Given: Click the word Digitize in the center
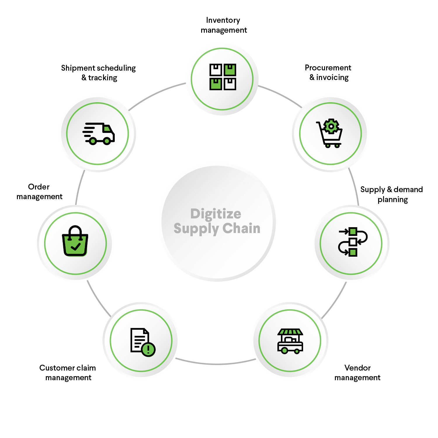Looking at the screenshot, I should (215, 214).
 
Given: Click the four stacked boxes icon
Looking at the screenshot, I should (223, 77).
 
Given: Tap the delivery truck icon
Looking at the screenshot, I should (98, 133).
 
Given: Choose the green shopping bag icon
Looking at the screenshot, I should (75, 241).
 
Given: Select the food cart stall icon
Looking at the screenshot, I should (290, 341).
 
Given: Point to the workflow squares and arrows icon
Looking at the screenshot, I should (352, 242).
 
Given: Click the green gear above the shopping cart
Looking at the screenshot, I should (331, 126).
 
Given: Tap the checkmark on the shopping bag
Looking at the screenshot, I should (76, 247).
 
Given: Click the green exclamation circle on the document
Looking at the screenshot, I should (148, 349).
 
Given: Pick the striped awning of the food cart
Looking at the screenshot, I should (290, 332).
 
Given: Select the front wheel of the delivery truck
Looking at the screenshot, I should (107, 141).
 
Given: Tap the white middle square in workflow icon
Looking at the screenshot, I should (353, 242).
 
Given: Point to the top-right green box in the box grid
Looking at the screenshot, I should (230, 70).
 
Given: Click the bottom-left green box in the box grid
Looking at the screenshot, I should (215, 84).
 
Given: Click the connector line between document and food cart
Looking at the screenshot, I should (216, 364).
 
